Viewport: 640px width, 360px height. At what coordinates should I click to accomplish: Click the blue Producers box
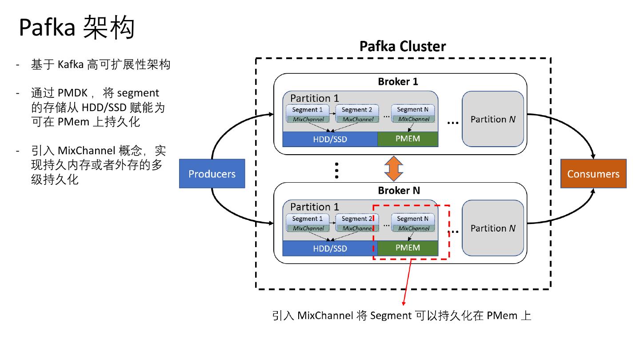212,174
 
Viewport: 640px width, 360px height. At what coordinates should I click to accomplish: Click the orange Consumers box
593,174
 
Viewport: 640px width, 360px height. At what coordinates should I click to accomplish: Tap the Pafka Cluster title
402,46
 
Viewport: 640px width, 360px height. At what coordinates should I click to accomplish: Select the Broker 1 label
398,82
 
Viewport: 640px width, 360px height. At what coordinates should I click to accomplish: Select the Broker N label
399,191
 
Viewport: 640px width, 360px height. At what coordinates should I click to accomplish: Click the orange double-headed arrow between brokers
393,168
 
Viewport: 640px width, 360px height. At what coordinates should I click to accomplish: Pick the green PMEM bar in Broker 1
408,139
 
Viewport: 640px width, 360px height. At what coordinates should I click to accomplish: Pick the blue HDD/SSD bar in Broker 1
330,140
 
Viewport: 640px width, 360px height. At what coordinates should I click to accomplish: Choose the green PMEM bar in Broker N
408,248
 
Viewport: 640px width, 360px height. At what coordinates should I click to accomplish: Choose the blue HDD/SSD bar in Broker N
330,248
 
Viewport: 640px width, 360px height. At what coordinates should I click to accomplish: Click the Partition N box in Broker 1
493,120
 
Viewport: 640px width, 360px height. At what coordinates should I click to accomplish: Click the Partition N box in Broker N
493,228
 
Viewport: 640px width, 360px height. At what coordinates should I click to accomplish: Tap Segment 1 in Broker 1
308,110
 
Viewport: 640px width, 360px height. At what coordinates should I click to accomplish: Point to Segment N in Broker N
412,219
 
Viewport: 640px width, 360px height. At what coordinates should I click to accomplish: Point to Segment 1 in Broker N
308,219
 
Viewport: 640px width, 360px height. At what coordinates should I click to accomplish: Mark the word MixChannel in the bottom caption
325,316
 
